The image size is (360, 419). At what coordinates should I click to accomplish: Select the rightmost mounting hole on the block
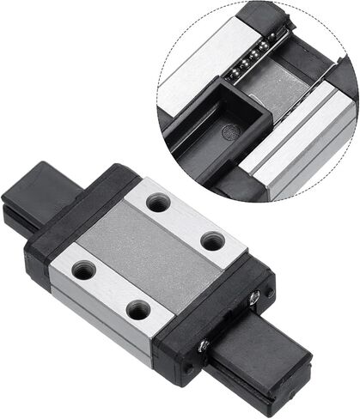pyautogui.click(x=212, y=241)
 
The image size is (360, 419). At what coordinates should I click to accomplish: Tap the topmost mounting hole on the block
pyautogui.click(x=158, y=203)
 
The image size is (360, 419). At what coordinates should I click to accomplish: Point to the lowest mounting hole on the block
pyautogui.click(x=137, y=308)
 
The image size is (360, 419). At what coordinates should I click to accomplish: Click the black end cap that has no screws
pyautogui.click(x=82, y=206)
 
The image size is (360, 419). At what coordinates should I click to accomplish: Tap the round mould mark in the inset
pyautogui.click(x=227, y=132)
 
